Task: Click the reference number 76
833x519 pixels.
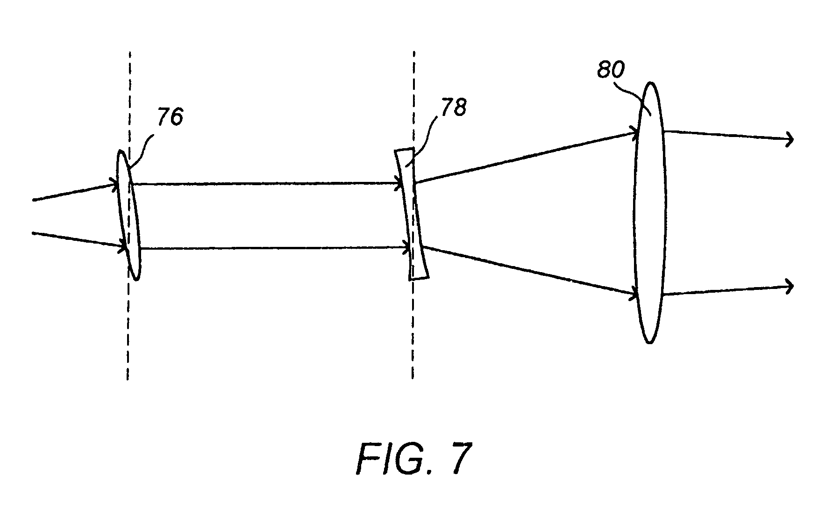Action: point(170,116)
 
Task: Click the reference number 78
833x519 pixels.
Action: point(453,108)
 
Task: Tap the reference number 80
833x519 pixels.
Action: point(610,70)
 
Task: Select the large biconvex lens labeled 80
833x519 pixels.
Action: point(650,213)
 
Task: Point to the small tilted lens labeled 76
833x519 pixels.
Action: point(128,215)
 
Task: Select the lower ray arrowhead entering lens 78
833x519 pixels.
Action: point(406,248)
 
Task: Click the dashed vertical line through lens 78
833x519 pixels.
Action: point(413,215)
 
